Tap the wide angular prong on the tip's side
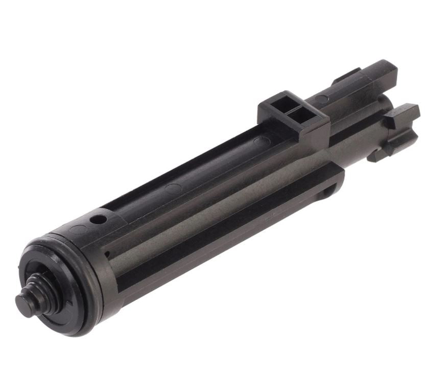[404, 114]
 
